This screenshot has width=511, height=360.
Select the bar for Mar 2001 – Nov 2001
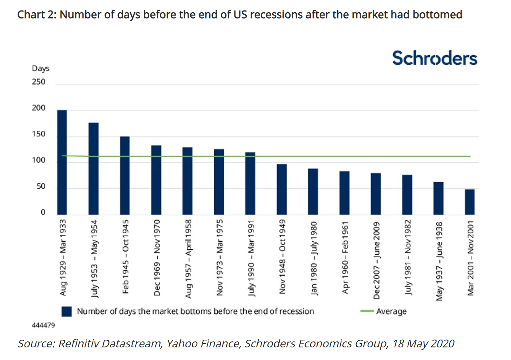pyautogui.click(x=470, y=202)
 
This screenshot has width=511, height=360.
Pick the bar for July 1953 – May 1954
pyautogui.click(x=94, y=168)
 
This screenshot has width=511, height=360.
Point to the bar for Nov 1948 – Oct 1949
pyautogui.click(x=282, y=189)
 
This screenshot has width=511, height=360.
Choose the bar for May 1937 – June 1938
pyautogui.click(x=438, y=198)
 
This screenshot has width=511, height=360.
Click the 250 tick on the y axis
pyautogui.click(x=39, y=82)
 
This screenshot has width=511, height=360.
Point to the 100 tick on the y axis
pyautogui.click(x=39, y=160)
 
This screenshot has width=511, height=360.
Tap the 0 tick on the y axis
pyautogui.click(x=43, y=212)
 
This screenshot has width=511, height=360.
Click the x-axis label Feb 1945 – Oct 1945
pyautogui.click(x=125, y=257)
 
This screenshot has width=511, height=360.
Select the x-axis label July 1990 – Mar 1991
pyautogui.click(x=251, y=258)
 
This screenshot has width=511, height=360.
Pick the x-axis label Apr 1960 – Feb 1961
pyautogui.click(x=345, y=257)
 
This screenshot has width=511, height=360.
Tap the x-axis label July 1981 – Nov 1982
pyautogui.click(x=408, y=257)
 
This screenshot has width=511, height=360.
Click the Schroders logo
pyautogui.click(x=435, y=58)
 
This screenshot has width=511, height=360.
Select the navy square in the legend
pyautogui.click(x=67, y=311)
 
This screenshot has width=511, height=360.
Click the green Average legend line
pyautogui.click(x=367, y=311)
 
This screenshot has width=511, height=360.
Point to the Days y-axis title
pyautogui.click(x=41, y=68)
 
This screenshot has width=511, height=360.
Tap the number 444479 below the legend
pyautogui.click(x=43, y=325)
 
